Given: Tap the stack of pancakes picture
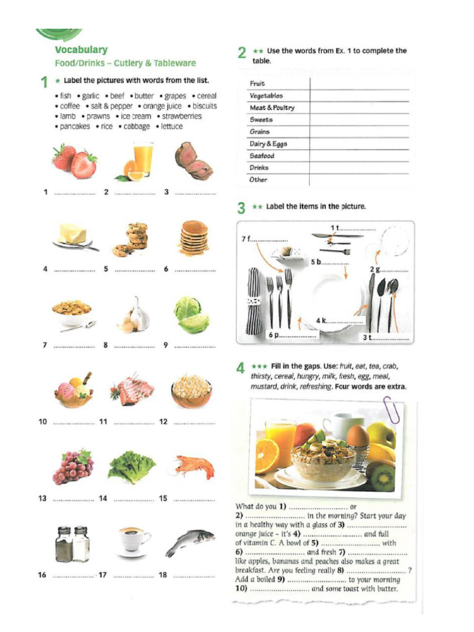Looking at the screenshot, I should pyautogui.click(x=194, y=237).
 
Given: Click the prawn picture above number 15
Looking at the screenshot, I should pyautogui.click(x=194, y=466).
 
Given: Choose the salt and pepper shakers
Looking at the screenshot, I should pyautogui.click(x=73, y=543).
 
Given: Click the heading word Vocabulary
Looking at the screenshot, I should pyautogui.click(x=81, y=50).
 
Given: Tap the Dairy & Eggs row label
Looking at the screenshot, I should pyautogui.click(x=268, y=144).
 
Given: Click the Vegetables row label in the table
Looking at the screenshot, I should pyautogui.click(x=266, y=96).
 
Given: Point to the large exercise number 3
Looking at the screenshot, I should pyautogui.click(x=241, y=207).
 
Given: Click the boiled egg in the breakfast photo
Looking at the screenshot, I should pyautogui.click(x=357, y=436).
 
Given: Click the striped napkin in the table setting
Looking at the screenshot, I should pyautogui.click(x=254, y=301).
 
